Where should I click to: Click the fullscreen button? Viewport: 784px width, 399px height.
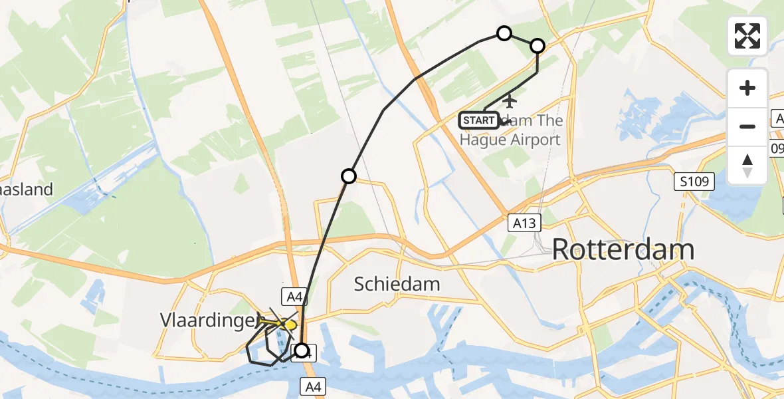click(x=747, y=36)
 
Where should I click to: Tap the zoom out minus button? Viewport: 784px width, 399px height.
click(x=747, y=126)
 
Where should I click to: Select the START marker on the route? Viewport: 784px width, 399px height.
click(x=478, y=120)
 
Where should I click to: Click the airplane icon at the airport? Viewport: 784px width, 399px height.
click(x=510, y=101)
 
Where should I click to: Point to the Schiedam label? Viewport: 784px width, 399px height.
click(x=397, y=284)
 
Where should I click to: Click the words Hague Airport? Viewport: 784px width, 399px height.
click(x=510, y=140)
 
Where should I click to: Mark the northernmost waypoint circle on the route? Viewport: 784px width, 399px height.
click(x=504, y=33)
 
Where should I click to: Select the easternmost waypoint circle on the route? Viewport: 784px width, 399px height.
click(x=537, y=46)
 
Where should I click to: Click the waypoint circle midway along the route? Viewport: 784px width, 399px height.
click(x=348, y=176)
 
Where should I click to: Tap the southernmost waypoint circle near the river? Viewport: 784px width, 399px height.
click(x=302, y=350)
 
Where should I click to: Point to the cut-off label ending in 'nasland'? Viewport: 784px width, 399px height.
click(x=27, y=190)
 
